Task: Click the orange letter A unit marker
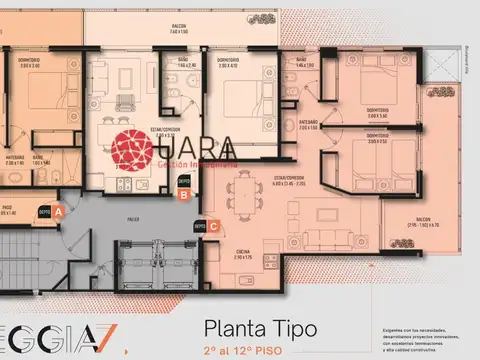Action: (59, 212)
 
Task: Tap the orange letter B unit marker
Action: (183, 195)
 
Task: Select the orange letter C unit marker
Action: (213, 226)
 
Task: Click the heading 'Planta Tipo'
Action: (261, 327)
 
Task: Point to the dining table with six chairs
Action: (244, 191)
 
